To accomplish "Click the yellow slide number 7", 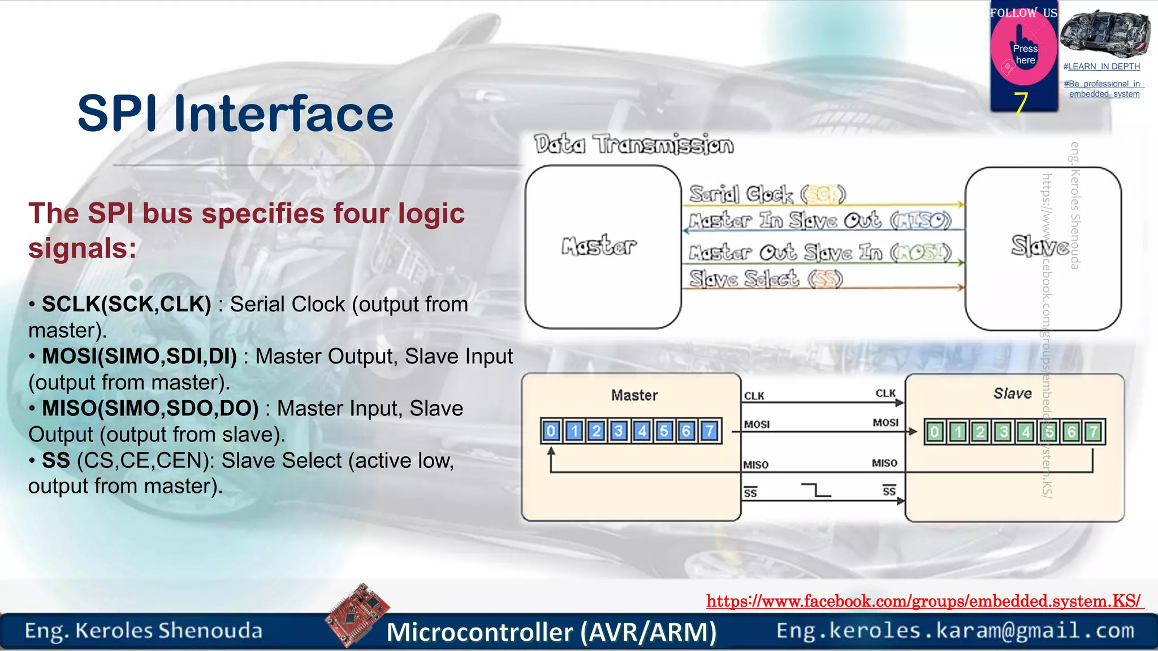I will point(1021,103).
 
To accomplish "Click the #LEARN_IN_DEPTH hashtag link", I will point(1101,67).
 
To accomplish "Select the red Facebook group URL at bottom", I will point(924,601).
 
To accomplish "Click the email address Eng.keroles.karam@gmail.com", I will point(955,630).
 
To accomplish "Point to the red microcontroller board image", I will point(357,614).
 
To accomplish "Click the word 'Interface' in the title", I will point(284,114).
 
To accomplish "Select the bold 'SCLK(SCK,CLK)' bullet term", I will point(127,305).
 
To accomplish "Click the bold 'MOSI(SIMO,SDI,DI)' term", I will point(139,357).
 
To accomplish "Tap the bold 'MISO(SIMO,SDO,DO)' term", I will point(150,409).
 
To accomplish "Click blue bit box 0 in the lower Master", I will point(551,432).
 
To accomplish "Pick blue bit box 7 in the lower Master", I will point(709,432).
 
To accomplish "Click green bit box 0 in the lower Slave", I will point(935,432).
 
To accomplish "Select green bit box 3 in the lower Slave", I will point(1003,432).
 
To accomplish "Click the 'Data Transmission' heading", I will point(634,145).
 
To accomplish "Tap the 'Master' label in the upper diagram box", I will point(599,246).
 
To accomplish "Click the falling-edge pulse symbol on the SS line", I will point(816,490).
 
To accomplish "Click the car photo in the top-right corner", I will point(1105,33).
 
